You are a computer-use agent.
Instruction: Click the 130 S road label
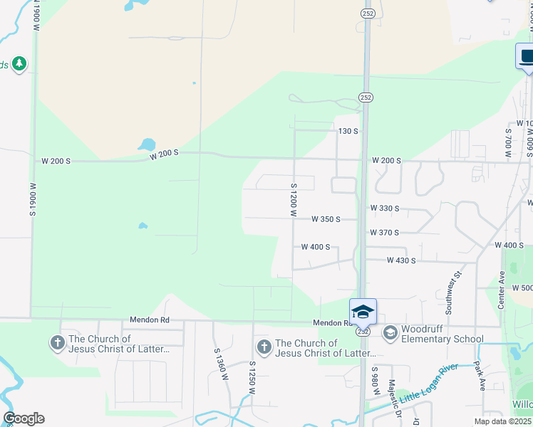348,132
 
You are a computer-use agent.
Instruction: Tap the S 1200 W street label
292,199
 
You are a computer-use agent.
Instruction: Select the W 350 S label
326,219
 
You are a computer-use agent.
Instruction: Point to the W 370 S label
384,233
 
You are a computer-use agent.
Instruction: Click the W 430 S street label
401,260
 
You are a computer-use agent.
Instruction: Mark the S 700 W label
508,142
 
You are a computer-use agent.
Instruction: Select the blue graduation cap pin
363,312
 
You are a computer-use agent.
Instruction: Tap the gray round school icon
390,332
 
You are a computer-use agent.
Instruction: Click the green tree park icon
19,64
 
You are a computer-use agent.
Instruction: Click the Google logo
24,418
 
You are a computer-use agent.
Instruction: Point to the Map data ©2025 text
502,422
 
